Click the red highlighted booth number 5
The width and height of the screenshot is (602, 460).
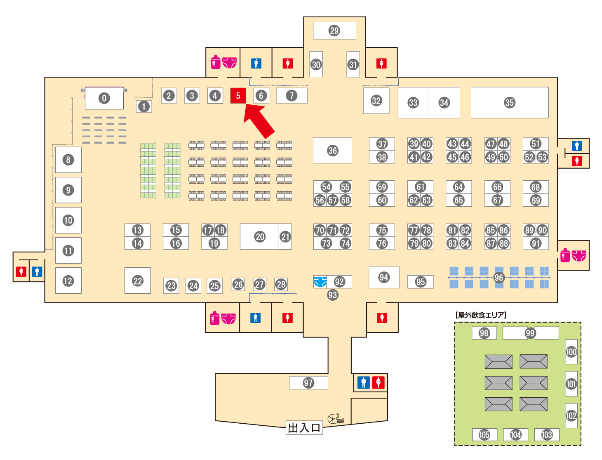pos(238,96)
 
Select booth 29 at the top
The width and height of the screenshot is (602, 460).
pos(334,31)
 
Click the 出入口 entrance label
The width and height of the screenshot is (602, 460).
pos(304,427)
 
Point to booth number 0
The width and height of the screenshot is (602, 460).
pos(104,98)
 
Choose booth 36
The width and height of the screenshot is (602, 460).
pos(332,150)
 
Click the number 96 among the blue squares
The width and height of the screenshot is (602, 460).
pos(499,278)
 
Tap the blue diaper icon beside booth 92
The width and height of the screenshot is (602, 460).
pos(320,281)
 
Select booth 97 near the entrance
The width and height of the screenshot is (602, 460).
pos(308,383)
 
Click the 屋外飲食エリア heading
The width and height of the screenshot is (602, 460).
pos(481,315)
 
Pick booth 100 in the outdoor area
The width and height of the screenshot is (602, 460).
pos(571,351)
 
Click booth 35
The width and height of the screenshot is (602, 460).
pos(510,103)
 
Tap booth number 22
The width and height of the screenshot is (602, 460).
pos(137,281)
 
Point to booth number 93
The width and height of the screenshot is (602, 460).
pos(332,295)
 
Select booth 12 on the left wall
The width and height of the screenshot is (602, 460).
pos(68,281)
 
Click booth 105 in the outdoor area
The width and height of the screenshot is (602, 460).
pos(484,434)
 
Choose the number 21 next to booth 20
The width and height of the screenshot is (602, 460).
pos(285,236)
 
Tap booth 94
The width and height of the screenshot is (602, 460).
pos(384,277)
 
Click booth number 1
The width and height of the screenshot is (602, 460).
pos(144,106)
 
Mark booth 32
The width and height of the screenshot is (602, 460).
pos(376,101)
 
